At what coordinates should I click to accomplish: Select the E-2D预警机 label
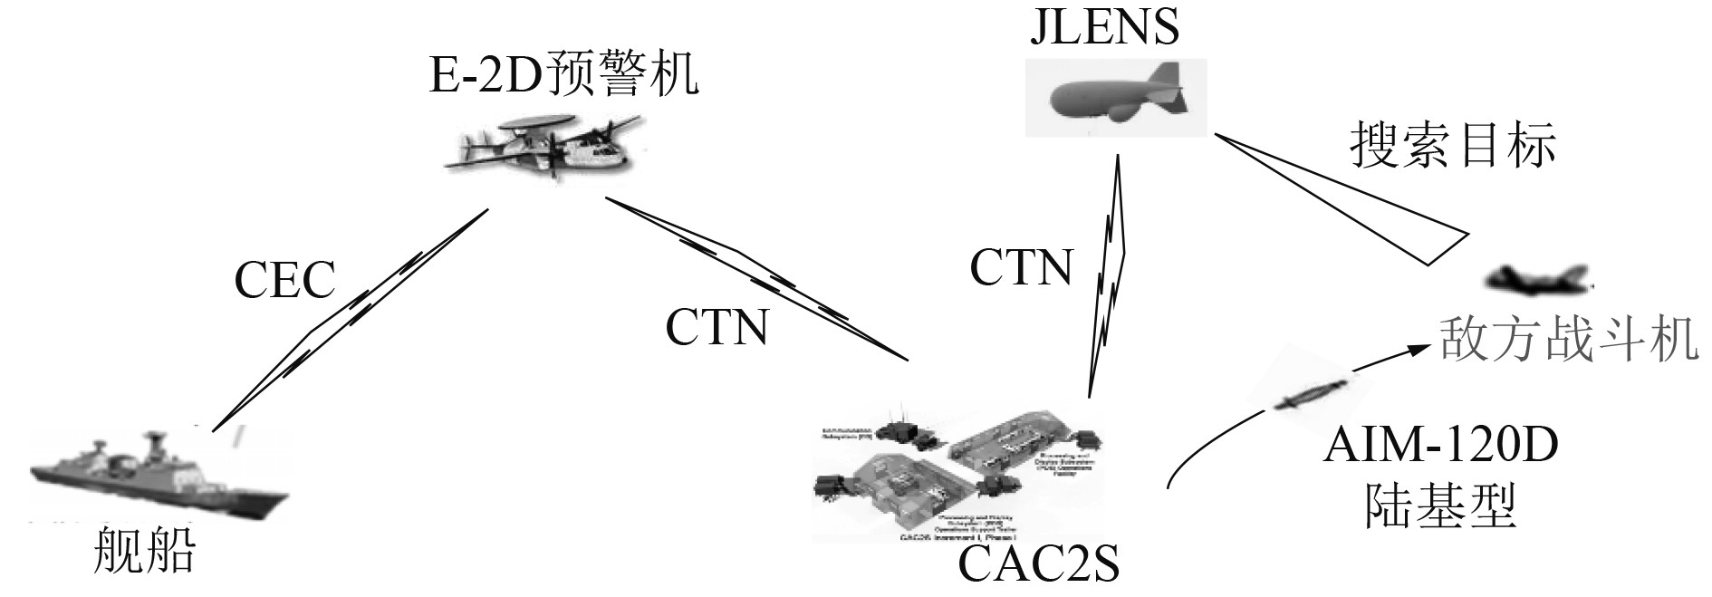(563, 74)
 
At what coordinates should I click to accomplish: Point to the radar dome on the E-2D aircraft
(539, 123)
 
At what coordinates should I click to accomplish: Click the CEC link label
(284, 280)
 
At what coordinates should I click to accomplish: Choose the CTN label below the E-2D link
(717, 328)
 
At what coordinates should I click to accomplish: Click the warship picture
(154, 476)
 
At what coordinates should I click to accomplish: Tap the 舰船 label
(145, 550)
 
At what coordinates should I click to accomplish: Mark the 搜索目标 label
(1453, 146)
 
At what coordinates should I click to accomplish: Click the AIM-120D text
(1439, 447)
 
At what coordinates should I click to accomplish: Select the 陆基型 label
(1440, 506)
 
